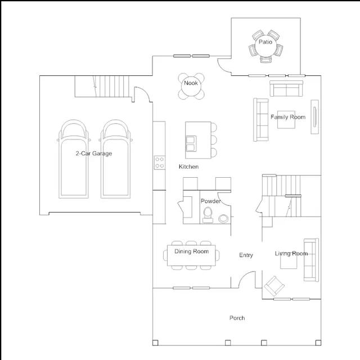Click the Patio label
tap(265, 42)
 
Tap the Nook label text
tap(191, 83)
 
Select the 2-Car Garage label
tap(94, 154)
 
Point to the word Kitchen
tap(189, 166)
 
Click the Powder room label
tap(211, 201)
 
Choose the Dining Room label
tap(191, 251)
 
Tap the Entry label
tap(246, 255)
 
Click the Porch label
tap(237, 318)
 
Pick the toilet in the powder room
tap(208, 215)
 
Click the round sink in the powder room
tap(223, 219)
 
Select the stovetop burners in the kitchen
tap(160, 163)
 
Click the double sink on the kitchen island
tap(191, 144)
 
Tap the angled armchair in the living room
tap(274, 286)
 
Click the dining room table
tap(191, 255)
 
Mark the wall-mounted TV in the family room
tap(315, 116)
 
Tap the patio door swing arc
tap(221, 67)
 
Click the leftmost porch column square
tap(155, 343)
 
